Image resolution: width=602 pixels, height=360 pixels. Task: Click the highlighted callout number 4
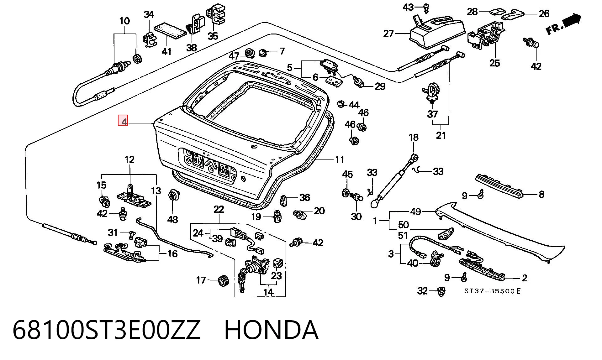pos(123,121)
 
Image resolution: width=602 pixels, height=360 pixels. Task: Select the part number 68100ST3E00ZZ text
pos(106,330)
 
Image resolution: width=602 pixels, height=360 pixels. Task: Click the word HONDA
pos(272,330)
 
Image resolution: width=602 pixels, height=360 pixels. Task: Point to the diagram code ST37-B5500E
pos(492,291)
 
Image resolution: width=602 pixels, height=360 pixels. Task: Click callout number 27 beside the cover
pos(388,33)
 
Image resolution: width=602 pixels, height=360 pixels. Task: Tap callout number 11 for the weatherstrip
pos(340,160)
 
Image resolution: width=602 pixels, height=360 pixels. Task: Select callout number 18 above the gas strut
pos(414,137)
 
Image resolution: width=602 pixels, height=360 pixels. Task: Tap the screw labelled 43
pos(426,8)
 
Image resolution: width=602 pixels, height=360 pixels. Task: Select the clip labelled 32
pos(441,292)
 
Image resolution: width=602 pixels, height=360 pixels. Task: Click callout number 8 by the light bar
pos(541,194)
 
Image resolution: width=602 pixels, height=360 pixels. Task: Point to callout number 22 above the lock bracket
pos(219,209)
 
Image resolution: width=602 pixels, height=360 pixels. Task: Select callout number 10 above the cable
pos(124,21)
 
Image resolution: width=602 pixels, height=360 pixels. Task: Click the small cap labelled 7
pos(262,53)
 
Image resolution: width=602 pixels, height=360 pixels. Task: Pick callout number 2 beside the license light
pos(525,278)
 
